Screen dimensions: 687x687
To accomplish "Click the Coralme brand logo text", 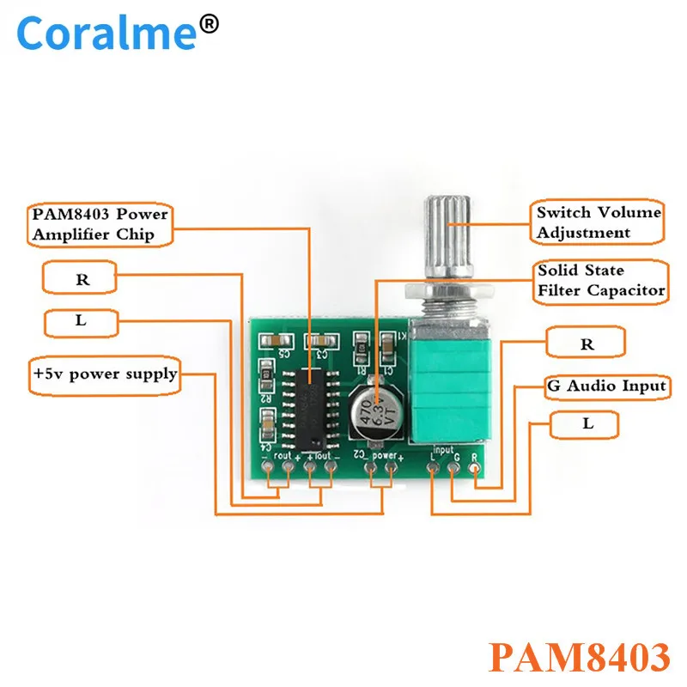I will [107, 34].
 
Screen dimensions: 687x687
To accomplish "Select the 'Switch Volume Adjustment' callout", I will [599, 222].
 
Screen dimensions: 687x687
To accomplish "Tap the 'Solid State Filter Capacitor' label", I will [601, 280].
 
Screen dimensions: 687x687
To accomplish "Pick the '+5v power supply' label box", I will [106, 374].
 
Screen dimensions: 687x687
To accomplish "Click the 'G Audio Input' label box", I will [606, 386].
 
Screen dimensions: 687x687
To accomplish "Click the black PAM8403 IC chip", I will [311, 405].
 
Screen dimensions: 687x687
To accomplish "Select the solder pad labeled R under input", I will [473, 469].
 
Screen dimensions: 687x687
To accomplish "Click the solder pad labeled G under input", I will [453, 469].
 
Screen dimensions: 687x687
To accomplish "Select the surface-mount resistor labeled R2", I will [267, 377].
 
